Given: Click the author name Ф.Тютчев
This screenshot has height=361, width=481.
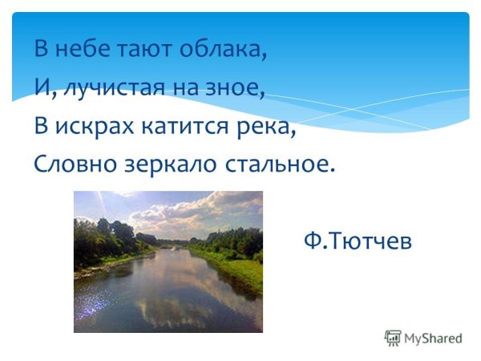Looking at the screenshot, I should pyautogui.click(x=358, y=240).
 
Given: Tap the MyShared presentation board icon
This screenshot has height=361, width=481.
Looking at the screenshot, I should pyautogui.click(x=393, y=338).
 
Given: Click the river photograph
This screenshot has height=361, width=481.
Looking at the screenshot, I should pyautogui.click(x=168, y=262).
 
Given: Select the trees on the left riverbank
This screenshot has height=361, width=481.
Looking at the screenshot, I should pyautogui.click(x=104, y=237).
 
